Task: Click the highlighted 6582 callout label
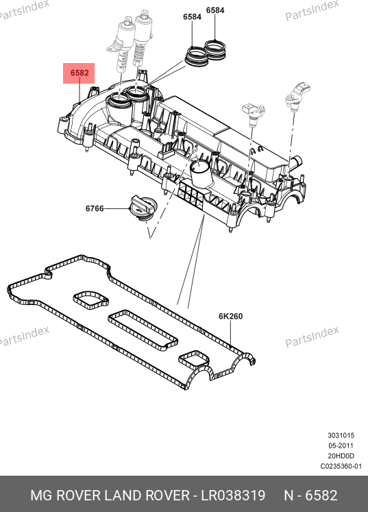pyautogui.click(x=79, y=73)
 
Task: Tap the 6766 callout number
pyautogui.click(x=95, y=208)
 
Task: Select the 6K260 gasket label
pyautogui.click(x=230, y=316)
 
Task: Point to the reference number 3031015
pyautogui.click(x=341, y=435)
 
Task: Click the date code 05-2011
pyautogui.click(x=341, y=446)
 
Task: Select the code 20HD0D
pyautogui.click(x=341, y=456)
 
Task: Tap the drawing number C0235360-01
pyautogui.click(x=341, y=466)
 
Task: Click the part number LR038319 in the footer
pyautogui.click(x=233, y=496)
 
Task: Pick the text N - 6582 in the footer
pyautogui.click(x=310, y=496)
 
